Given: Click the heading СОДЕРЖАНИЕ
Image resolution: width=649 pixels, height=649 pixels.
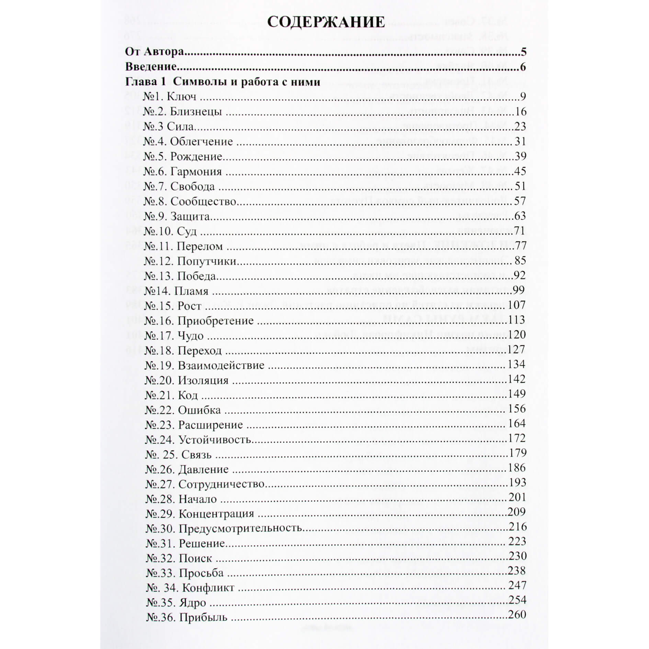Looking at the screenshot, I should pyautogui.click(x=326, y=22).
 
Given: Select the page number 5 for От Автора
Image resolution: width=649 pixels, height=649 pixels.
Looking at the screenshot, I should pyautogui.click(x=523, y=52).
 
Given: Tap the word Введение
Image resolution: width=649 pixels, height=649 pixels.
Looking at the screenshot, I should pyautogui.click(x=151, y=67).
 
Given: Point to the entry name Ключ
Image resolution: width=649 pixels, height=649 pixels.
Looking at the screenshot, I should pyautogui.click(x=182, y=96).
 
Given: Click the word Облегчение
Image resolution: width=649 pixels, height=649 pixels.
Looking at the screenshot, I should pyautogui.click(x=202, y=141).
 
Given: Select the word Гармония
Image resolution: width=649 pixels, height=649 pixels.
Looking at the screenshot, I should pyautogui.click(x=196, y=171).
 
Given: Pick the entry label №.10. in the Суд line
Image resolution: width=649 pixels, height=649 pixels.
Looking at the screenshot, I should pyautogui.click(x=158, y=231).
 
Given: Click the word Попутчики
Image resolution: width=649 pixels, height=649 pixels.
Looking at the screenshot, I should pyautogui.click(x=207, y=261).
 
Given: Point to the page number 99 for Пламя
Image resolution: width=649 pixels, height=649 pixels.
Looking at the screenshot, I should pyautogui.click(x=519, y=291).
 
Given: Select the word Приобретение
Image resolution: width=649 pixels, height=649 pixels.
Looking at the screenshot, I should pyautogui.click(x=216, y=321).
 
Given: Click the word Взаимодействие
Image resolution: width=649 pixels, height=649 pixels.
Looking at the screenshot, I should pyautogui.click(x=221, y=365).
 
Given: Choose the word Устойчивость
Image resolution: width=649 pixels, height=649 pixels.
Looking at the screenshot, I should pyautogui.click(x=215, y=440).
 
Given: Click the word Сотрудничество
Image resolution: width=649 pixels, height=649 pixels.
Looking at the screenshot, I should pyautogui.click(x=222, y=484).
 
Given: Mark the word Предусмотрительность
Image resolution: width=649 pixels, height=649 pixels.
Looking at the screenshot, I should pyautogui.click(x=240, y=528).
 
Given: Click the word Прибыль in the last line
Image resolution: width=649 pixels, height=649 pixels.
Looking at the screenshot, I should pyautogui.click(x=203, y=617).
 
